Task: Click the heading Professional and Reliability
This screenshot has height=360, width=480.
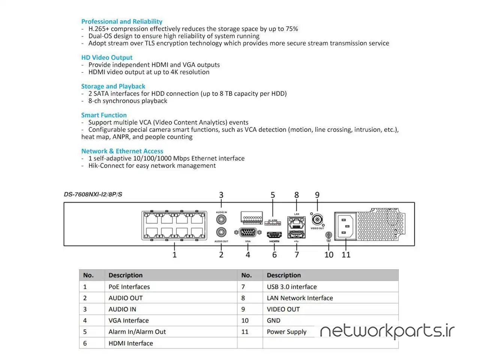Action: (121, 21)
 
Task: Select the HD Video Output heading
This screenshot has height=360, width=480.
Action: (106, 57)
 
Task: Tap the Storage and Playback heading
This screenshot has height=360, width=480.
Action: (113, 86)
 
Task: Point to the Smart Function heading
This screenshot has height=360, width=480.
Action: (104, 115)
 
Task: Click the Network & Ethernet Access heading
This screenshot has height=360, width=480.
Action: (122, 151)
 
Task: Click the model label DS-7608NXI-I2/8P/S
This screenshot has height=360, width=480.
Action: (93, 194)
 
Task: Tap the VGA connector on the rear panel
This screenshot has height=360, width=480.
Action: (247, 232)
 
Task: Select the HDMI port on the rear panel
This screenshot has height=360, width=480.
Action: (274, 235)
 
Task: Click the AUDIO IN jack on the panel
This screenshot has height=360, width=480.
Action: (221, 219)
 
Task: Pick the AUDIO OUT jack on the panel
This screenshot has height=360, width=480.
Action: (221, 233)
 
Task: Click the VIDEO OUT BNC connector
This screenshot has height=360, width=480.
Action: (317, 219)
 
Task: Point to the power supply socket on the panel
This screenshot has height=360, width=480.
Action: (345, 226)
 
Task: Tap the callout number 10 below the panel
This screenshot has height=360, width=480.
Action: (328, 255)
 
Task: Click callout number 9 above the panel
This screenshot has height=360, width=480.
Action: (317, 195)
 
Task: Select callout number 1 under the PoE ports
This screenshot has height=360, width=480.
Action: (174, 255)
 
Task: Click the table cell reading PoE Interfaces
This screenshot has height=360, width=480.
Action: (129, 287)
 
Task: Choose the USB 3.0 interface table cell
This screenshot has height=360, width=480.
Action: (291, 287)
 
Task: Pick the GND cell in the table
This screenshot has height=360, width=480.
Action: (273, 321)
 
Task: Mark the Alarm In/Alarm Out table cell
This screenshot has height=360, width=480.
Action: (137, 332)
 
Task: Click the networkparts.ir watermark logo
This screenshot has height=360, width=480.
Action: (387, 331)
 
